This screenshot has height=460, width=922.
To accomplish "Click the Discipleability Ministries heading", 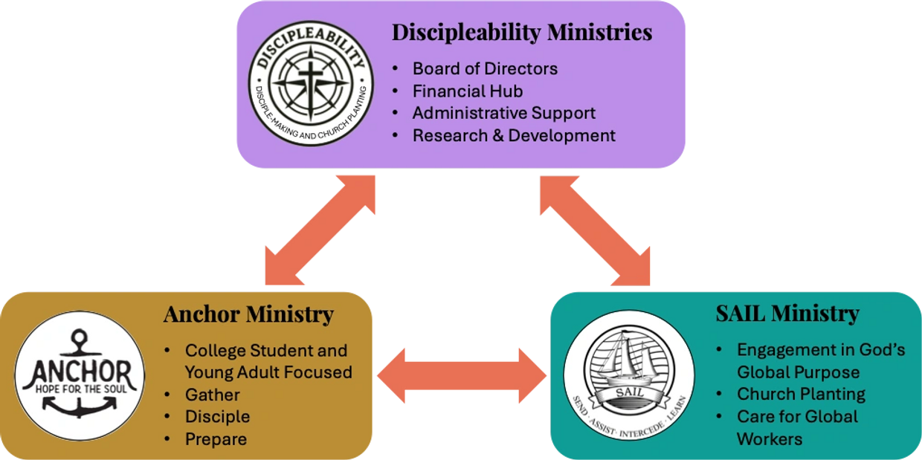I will pos(522,33).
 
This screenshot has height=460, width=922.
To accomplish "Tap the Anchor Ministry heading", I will pos(248,314).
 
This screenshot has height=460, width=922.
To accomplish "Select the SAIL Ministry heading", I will pos(787,314).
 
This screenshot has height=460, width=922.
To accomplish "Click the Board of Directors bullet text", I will pos(485,69).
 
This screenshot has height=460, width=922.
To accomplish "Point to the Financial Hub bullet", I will pos(468,91).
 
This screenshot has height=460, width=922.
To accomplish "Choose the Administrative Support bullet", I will pos(504,114).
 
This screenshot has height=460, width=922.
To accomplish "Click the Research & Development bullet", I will pos(514,136).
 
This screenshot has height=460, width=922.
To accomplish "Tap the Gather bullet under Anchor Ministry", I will pos(212,395).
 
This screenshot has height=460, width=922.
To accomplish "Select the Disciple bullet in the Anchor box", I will pos(217,417).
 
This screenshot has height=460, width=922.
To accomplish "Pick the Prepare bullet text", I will pos(216,439).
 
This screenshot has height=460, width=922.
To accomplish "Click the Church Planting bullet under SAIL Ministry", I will pos(801,395).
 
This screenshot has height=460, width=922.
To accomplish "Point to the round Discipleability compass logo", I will pos(310,82).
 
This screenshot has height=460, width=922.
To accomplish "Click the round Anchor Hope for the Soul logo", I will pos(80,375).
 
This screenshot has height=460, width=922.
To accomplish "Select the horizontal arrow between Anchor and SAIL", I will pos(461,375).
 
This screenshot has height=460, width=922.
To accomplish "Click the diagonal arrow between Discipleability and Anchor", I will pos(320,230).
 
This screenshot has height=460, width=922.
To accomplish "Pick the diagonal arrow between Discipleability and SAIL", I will pos(595,230).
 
